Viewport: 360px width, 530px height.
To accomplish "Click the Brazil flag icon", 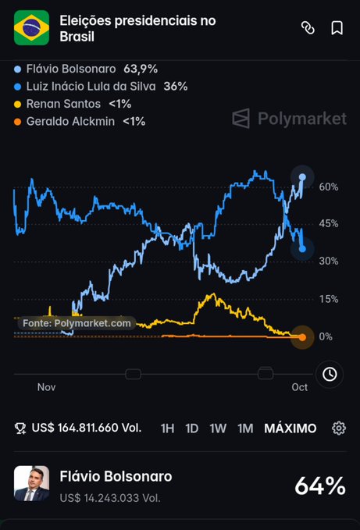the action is tap(31, 28).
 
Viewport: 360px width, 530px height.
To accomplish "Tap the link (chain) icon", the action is tap(308, 28).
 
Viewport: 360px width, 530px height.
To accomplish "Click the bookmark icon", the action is tap(337, 28).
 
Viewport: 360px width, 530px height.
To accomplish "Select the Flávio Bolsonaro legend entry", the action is tap(86, 69).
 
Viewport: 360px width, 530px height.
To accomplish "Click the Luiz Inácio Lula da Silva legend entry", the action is tap(101, 87).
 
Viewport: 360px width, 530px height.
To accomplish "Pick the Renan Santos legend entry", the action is tap(73, 104).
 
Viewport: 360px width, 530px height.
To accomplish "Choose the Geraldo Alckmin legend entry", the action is tap(80, 121).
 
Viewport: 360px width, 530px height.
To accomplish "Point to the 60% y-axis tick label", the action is tap(329, 187).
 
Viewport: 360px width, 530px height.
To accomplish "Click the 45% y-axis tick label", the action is tap(329, 223).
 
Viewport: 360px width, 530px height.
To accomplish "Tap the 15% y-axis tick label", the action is tap(329, 299).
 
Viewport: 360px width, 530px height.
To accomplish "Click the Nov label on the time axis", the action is tap(46, 387).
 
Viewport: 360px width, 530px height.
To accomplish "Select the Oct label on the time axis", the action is tap(300, 387).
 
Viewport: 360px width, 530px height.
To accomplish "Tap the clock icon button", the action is tap(330, 374).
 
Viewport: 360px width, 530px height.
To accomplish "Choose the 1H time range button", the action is tap(168, 429).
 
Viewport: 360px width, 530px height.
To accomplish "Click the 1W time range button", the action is tap(218, 429).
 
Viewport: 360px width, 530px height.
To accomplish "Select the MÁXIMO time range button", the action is tap(290, 429).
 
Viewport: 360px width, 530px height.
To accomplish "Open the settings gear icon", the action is tap(339, 429).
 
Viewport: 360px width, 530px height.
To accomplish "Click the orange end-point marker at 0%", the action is tap(302, 337).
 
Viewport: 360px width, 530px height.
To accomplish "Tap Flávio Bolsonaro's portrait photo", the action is tap(31, 483).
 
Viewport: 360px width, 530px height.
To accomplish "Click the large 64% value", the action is tap(320, 486).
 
